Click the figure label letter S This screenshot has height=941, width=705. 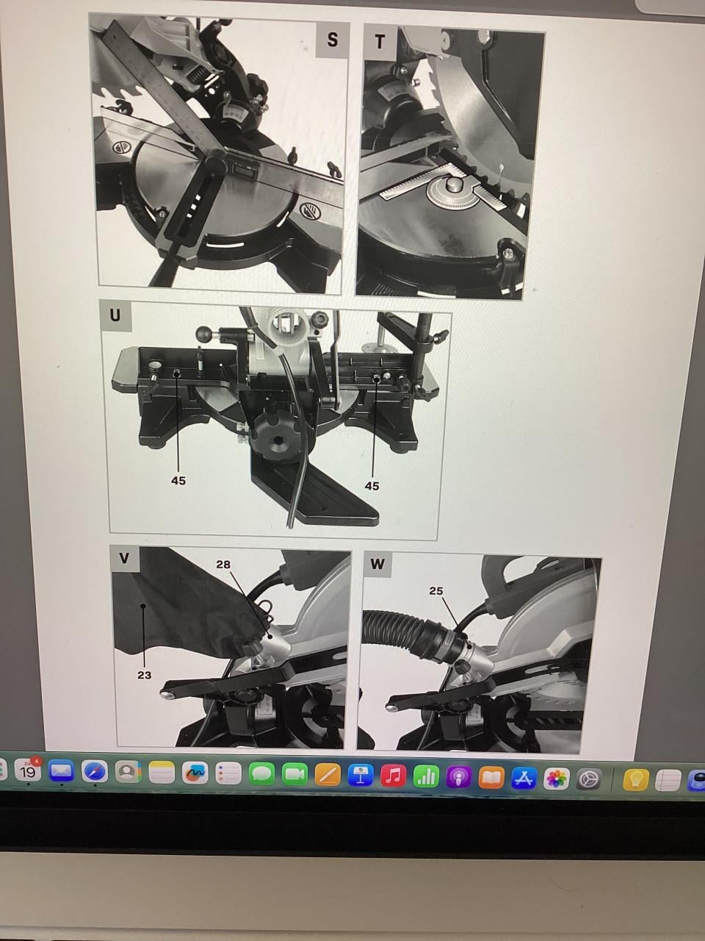coord(332,40)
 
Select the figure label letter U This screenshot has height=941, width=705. coord(115,315)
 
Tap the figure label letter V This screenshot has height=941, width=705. coord(124,559)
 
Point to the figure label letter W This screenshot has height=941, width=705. coord(377,564)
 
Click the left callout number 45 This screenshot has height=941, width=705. coord(178,481)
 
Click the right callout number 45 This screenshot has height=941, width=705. coord(372,486)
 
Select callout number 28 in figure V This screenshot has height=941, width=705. coord(223,564)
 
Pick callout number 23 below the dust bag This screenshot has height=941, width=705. coord(144,675)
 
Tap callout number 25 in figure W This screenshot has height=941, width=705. coord(436,591)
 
